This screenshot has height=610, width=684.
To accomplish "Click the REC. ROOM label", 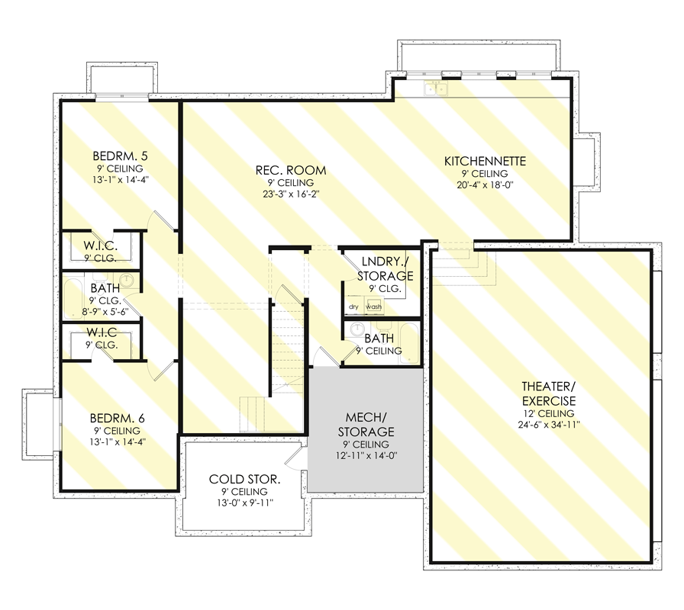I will click(x=291, y=170).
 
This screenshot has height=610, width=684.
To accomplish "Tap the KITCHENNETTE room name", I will click(x=486, y=161).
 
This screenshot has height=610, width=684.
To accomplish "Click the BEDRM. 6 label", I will click(x=118, y=418).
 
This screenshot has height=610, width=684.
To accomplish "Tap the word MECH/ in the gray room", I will click(x=365, y=417).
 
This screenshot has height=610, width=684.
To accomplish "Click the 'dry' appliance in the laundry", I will click(x=354, y=307).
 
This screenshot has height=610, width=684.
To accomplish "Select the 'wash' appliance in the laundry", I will click(x=374, y=307).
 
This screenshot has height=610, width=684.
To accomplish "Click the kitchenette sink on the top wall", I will click(x=437, y=89).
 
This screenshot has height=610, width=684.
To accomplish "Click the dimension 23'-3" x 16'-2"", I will click(x=291, y=194).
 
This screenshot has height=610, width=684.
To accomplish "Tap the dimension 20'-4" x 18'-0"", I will click(x=486, y=185).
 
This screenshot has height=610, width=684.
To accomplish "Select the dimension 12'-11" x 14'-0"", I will click(x=365, y=456).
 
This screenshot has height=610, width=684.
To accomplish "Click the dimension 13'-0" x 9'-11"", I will click(x=244, y=503).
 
